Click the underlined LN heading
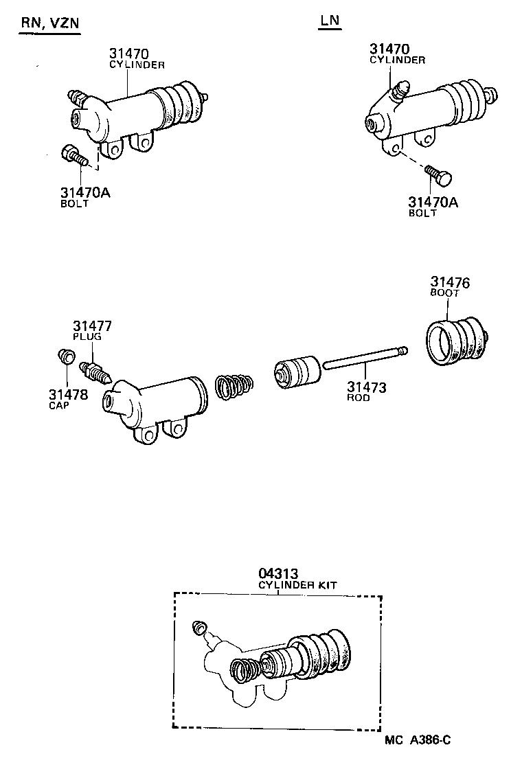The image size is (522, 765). tap(330, 21)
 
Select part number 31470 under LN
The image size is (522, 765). tap(389, 49)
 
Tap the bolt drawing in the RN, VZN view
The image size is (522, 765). tap(74, 157)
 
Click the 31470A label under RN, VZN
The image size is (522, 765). tap(84, 193)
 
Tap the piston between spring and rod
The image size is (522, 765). tap(297, 373)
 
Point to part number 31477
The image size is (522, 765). tap(93, 326)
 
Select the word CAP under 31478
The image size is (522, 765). tap(59, 405)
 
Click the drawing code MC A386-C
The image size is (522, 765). tap(418, 739)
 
